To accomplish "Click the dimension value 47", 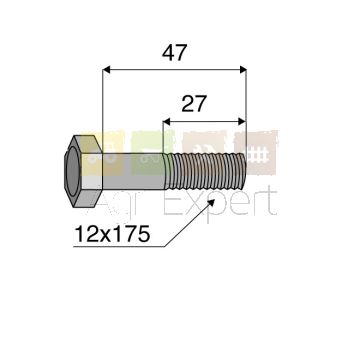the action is (x=174, y=52).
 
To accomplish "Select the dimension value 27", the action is (x=194, y=104).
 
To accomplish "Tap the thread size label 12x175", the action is (x=112, y=234).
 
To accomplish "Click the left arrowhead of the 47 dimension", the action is (x=106, y=69).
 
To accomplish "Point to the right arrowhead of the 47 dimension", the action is (x=243, y=69).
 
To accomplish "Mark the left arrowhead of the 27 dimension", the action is (x=167, y=122).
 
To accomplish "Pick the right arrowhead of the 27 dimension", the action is (x=242, y=122).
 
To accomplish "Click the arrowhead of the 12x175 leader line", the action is (x=212, y=202).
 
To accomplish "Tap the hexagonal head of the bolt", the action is (x=83, y=171).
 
